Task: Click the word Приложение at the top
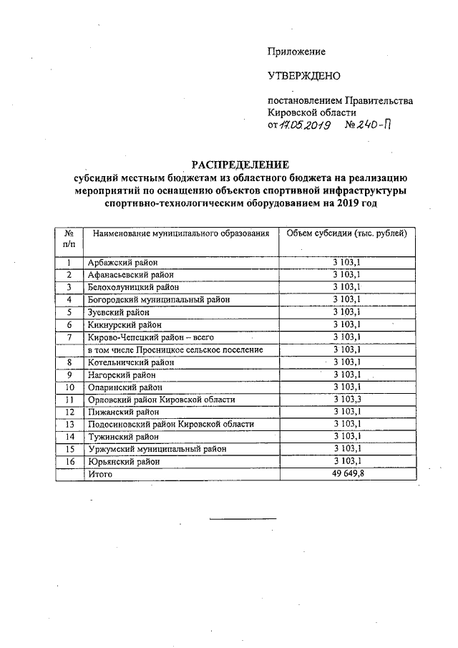(296, 52)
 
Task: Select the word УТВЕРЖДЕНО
(303, 76)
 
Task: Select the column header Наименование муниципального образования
(179, 233)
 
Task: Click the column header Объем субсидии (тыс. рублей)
(346, 233)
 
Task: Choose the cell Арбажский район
(122, 263)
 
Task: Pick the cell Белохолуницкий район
(132, 287)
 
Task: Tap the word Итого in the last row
(101, 473)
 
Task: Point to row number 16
(69, 461)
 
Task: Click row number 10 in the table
(69, 387)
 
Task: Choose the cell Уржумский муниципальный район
(156, 449)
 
